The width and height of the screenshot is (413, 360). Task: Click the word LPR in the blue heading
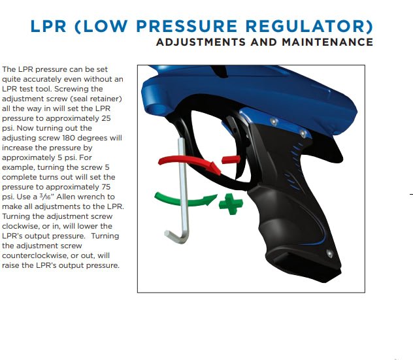click(48, 26)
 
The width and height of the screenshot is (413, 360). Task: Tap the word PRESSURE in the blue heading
click(187, 26)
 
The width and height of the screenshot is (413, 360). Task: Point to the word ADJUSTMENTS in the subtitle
click(201, 42)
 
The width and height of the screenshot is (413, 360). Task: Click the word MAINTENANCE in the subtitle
click(327, 42)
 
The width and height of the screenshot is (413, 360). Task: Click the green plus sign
click(231, 204)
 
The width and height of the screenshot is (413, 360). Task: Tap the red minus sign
click(231, 159)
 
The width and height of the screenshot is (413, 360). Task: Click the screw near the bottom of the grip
click(329, 254)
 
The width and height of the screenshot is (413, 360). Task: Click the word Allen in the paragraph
click(65, 197)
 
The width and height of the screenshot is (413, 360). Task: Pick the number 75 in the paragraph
click(106, 187)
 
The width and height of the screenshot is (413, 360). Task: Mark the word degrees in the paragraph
click(92, 138)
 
